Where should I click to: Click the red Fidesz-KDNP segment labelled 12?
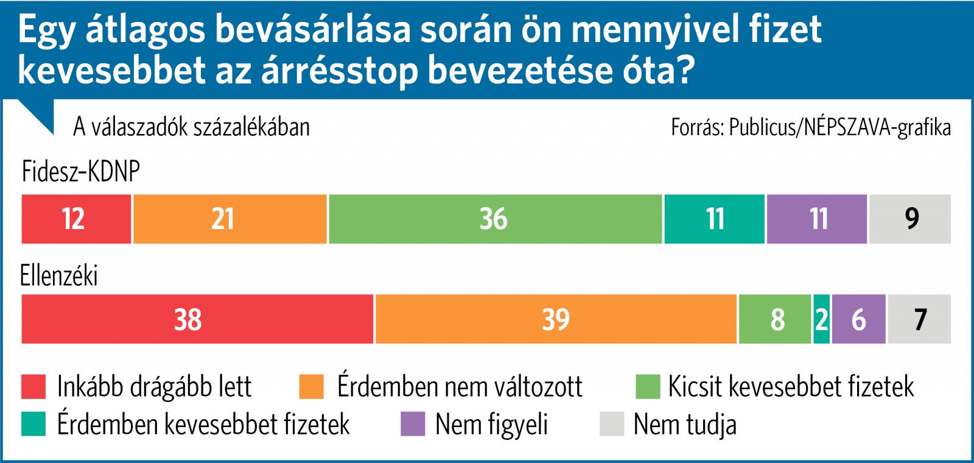(x=76, y=219)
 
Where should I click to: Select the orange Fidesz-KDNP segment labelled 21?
(x=229, y=219)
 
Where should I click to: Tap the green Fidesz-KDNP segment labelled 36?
(x=495, y=219)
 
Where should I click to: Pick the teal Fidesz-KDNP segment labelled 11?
(x=714, y=219)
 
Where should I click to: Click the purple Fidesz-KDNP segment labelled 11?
(x=816, y=219)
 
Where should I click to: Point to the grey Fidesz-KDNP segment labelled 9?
(x=909, y=219)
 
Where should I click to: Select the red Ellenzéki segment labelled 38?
(x=197, y=319)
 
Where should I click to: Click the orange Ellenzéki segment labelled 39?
(x=556, y=319)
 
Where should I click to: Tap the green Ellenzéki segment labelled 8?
(x=775, y=319)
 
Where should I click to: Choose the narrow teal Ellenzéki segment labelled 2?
(x=821, y=319)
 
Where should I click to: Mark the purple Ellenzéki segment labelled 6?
(x=858, y=319)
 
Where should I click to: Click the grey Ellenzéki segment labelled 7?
(x=919, y=319)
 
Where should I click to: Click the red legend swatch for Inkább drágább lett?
(x=33, y=386)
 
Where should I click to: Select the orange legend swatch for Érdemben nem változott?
(x=312, y=386)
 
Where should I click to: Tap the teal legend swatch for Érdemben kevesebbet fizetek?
(x=33, y=424)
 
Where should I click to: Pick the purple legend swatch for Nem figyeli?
(x=412, y=424)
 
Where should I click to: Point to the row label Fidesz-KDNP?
(x=81, y=172)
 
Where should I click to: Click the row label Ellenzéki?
(x=59, y=276)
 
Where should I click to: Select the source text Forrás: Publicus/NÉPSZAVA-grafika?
(x=810, y=127)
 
